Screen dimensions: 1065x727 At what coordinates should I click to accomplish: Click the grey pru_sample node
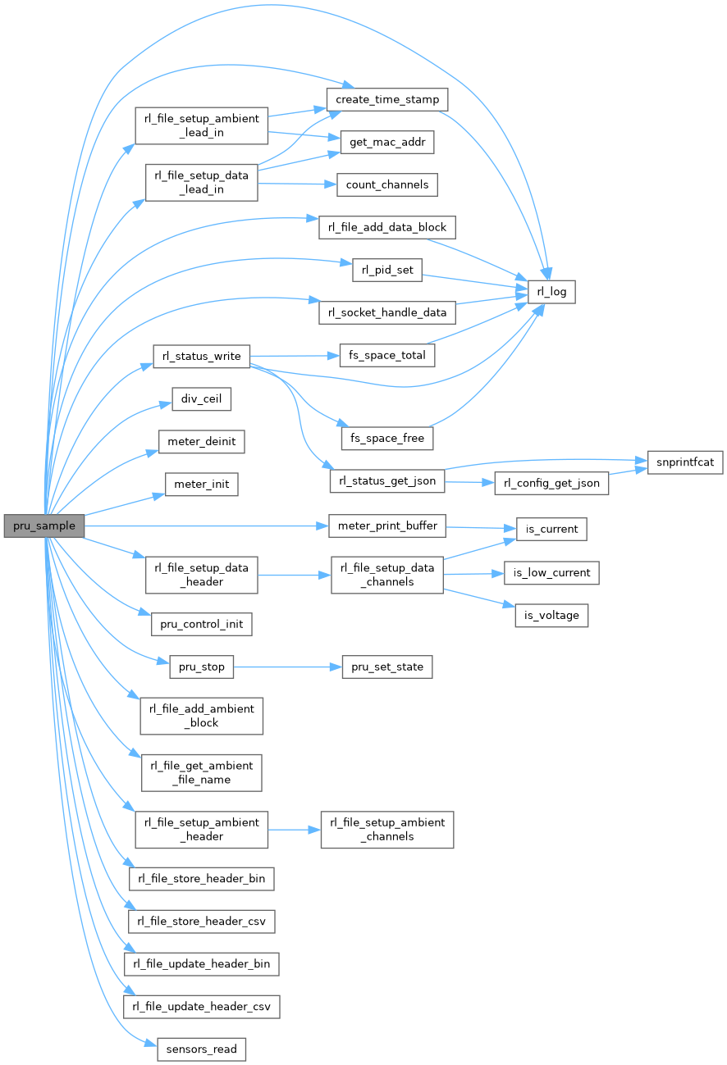44,526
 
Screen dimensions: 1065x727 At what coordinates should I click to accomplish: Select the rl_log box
551,292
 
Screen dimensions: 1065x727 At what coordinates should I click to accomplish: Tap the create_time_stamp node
386,100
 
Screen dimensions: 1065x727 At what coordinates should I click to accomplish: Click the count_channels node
386,185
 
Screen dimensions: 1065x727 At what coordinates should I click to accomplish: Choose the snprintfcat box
684,462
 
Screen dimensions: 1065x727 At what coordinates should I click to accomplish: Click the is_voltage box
551,615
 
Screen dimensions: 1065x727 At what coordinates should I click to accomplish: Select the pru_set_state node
387,667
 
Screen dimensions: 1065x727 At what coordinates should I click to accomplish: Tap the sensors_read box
201,1049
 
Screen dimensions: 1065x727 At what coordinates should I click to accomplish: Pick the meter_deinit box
201,442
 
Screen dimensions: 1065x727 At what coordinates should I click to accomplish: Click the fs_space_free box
387,438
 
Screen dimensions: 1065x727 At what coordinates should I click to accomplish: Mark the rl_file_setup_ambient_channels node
386,829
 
